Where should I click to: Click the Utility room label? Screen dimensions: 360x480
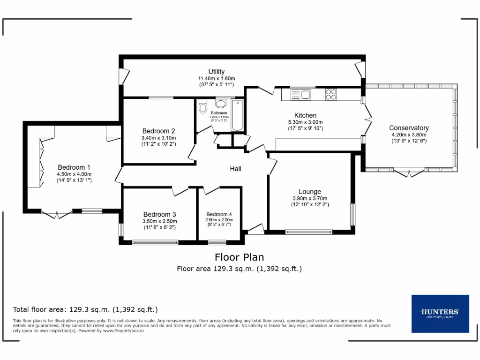pyautogui.click(x=216, y=72)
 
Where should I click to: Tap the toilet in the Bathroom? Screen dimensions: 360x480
pyautogui.click(x=202, y=107)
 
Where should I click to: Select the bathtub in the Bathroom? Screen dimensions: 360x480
pyautogui.click(x=237, y=115)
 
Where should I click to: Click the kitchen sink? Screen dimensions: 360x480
pyautogui.click(x=300, y=95)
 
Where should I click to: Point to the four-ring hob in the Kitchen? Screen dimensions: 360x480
pyautogui.click(x=331, y=94)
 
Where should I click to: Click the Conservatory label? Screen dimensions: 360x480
pyautogui.click(x=409, y=128)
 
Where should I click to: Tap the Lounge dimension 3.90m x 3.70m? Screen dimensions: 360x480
pyautogui.click(x=310, y=198)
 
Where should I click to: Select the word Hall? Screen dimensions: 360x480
pyautogui.click(x=235, y=169)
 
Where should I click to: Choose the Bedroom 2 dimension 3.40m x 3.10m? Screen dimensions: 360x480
pyautogui.click(x=158, y=138)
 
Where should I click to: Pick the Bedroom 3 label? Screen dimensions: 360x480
pyautogui.click(x=160, y=214)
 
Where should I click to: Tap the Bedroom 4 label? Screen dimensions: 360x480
pyautogui.click(x=219, y=214)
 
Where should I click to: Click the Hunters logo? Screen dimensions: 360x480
pyautogui.click(x=440, y=314)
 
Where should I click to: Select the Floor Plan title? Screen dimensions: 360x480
pyautogui.click(x=239, y=257)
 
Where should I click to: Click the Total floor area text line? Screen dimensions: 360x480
pyautogui.click(x=85, y=309)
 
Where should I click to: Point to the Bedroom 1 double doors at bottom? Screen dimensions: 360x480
pyautogui.click(x=57, y=214)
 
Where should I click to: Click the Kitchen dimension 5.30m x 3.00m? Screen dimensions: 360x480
pyautogui.click(x=305, y=122)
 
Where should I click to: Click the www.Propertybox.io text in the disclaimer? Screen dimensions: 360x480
pyautogui.click(x=123, y=330)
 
